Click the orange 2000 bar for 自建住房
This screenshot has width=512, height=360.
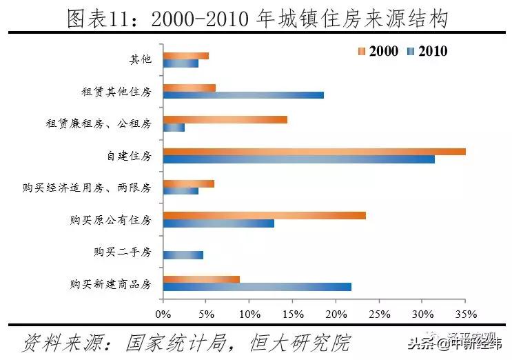314,151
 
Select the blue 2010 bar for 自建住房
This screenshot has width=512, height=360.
299,159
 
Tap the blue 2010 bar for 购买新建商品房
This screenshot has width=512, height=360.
257,287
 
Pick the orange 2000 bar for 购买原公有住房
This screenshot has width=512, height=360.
265,215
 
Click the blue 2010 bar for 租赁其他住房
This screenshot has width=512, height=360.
243,95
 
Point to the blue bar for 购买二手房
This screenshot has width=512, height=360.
183,255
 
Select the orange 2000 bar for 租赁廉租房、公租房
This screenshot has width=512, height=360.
225,119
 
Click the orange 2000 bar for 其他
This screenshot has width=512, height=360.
186,56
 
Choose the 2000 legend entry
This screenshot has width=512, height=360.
378,51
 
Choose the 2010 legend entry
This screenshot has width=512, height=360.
427,51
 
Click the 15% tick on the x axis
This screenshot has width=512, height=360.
292,314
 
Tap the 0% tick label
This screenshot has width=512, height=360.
163,314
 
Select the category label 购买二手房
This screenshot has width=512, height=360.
122,252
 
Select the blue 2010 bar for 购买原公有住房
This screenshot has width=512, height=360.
218,223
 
